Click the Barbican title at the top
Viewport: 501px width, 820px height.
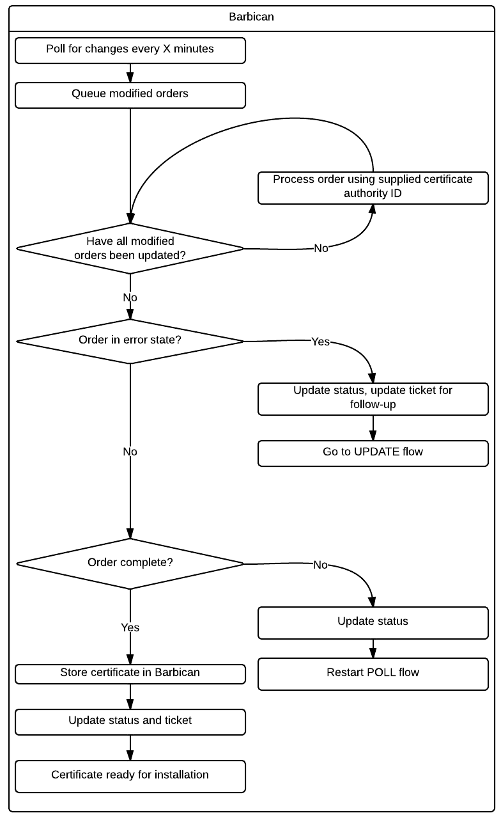click(251, 17)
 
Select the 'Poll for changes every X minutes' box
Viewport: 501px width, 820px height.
click(130, 51)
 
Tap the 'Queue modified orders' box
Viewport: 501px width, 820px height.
click(130, 95)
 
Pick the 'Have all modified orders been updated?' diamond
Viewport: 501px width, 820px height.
click(130, 248)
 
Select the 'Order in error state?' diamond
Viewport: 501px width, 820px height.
click(130, 340)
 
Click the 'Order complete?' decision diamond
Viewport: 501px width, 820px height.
click(130, 564)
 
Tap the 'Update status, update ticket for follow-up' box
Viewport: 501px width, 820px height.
click(373, 398)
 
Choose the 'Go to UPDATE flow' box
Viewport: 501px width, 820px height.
click(373, 452)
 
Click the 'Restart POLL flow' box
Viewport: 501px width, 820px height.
click(373, 673)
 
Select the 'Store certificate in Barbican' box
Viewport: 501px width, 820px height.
click(130, 673)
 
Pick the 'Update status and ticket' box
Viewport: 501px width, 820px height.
click(130, 721)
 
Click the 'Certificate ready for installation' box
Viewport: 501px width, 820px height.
click(130, 775)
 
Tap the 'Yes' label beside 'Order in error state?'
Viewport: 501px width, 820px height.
click(320, 342)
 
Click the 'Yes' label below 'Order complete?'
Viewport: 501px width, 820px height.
click(130, 628)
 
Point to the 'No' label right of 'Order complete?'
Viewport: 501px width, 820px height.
click(320, 565)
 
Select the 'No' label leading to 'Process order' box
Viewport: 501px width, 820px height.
click(321, 248)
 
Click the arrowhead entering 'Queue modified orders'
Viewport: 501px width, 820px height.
click(130, 78)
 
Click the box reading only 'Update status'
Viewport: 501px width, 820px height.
click(373, 622)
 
